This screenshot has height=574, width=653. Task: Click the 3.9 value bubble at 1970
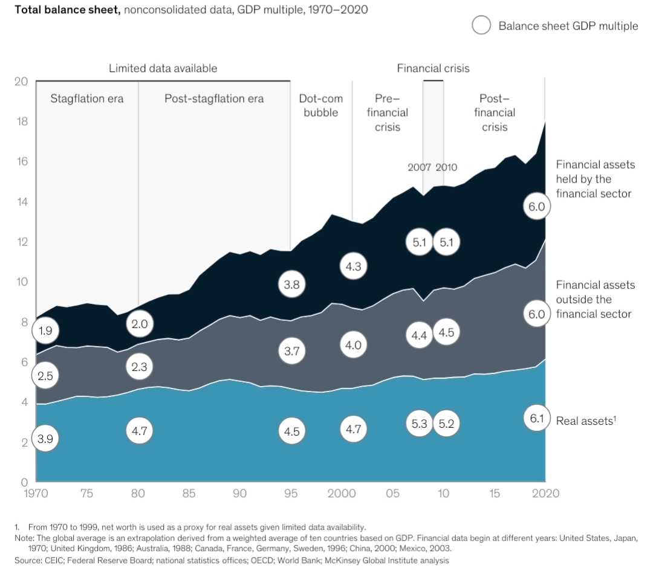45,439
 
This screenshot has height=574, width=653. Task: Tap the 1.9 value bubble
45,331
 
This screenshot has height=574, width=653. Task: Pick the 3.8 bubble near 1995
291,285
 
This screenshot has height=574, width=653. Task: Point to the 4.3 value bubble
354,265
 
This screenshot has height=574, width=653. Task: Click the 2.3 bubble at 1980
139,366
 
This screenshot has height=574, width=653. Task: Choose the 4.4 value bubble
419,335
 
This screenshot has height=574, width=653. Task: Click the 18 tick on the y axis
21,121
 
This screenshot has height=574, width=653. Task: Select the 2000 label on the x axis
342,494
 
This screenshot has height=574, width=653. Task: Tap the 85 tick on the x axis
189,494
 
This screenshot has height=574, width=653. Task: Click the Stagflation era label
86,98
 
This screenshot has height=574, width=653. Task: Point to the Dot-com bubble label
320,105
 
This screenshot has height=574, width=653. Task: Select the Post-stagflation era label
214,98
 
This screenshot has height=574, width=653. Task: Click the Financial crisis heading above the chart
433,68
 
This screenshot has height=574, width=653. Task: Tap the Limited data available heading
163,68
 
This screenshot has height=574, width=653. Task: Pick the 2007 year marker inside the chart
419,167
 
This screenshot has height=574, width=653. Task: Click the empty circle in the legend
482,25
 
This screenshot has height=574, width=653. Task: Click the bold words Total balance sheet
60,10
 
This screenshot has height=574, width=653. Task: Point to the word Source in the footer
26,561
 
